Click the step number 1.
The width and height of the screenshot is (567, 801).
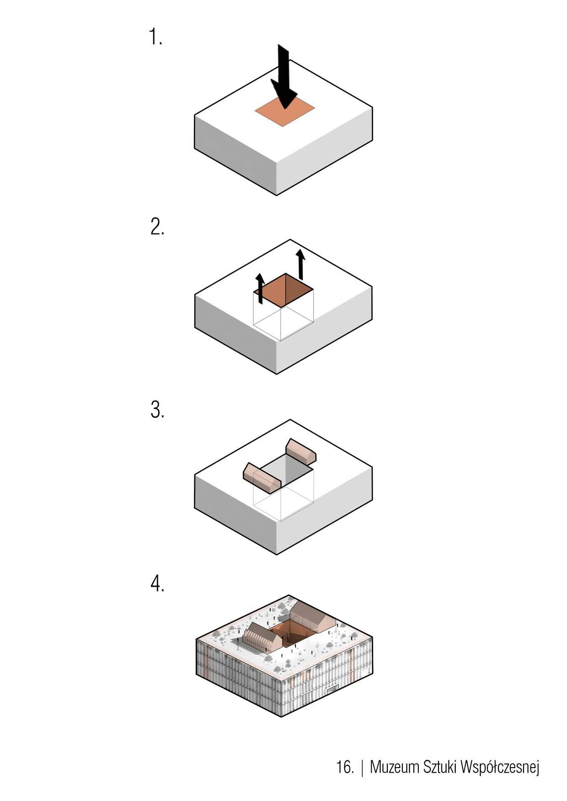(156, 37)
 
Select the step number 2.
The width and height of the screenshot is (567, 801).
(157, 227)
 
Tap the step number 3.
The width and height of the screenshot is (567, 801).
(157, 411)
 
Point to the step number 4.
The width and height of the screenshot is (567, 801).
(157, 584)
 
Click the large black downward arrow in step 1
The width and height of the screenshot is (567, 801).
(284, 77)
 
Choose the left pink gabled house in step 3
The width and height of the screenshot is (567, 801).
(262, 478)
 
